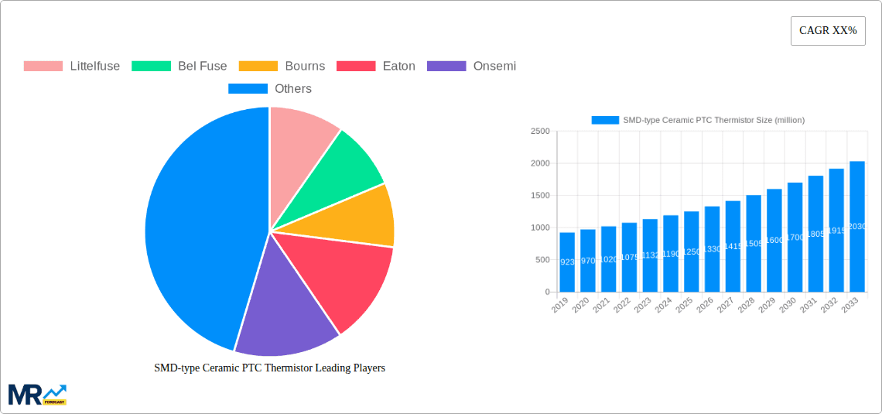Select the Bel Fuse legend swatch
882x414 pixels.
(x=151, y=67)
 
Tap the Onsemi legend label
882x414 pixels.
(x=494, y=67)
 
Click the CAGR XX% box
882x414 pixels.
(x=827, y=31)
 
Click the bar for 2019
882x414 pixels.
(x=567, y=262)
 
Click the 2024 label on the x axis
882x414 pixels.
(x=663, y=305)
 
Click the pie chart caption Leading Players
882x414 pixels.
(x=269, y=368)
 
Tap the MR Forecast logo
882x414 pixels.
(x=37, y=394)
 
